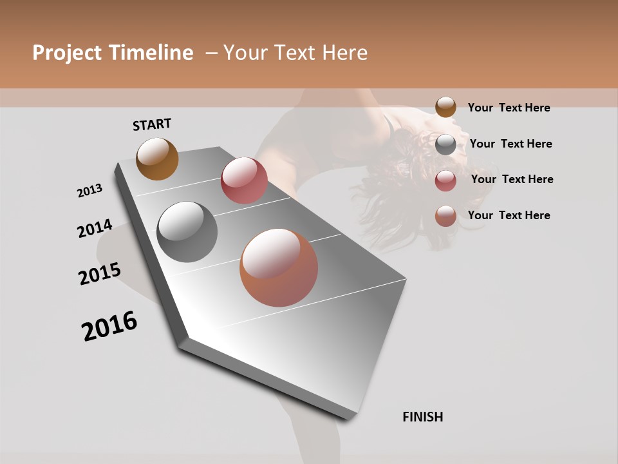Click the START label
click(152, 124)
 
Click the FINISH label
click(422, 417)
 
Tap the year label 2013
click(90, 191)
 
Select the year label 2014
click(95, 229)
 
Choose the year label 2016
click(109, 326)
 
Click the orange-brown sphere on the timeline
click(157, 159)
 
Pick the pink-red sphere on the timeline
click(244, 180)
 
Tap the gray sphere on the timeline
click(187, 232)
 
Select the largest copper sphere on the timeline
click(279, 267)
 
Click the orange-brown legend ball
click(445, 107)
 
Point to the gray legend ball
click(445, 144)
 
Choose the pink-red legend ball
click(445, 180)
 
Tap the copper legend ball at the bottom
click(445, 216)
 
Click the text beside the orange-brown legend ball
click(509, 108)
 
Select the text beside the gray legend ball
click(510, 144)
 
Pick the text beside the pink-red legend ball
click(512, 179)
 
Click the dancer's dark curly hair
click(412, 174)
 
